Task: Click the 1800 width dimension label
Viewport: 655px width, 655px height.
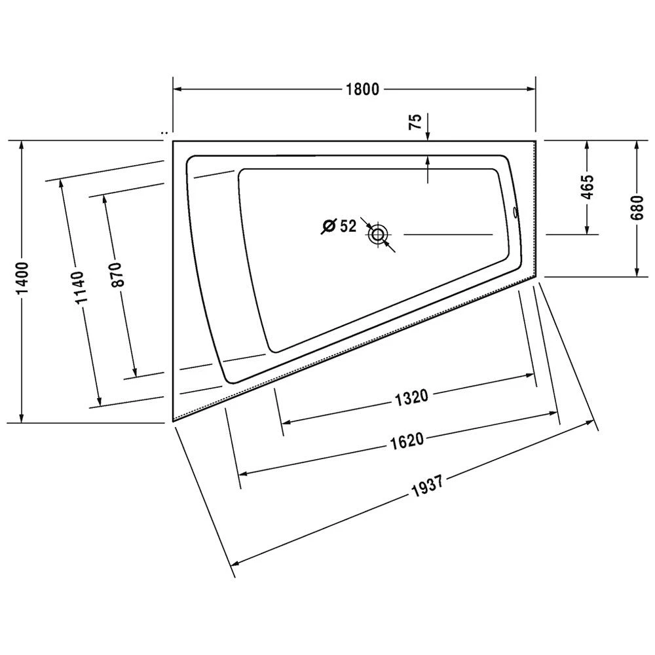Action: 362,89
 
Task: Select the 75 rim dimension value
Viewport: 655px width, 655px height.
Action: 416,122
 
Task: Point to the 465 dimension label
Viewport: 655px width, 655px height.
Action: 588,187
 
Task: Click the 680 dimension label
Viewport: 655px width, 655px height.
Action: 637,208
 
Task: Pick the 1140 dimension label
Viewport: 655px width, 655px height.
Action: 79,288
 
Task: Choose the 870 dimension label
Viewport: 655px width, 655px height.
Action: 117,274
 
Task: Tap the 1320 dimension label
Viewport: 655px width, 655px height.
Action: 411,398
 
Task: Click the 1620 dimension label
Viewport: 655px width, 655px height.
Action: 407,441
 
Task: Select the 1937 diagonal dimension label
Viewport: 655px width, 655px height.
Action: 427,486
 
